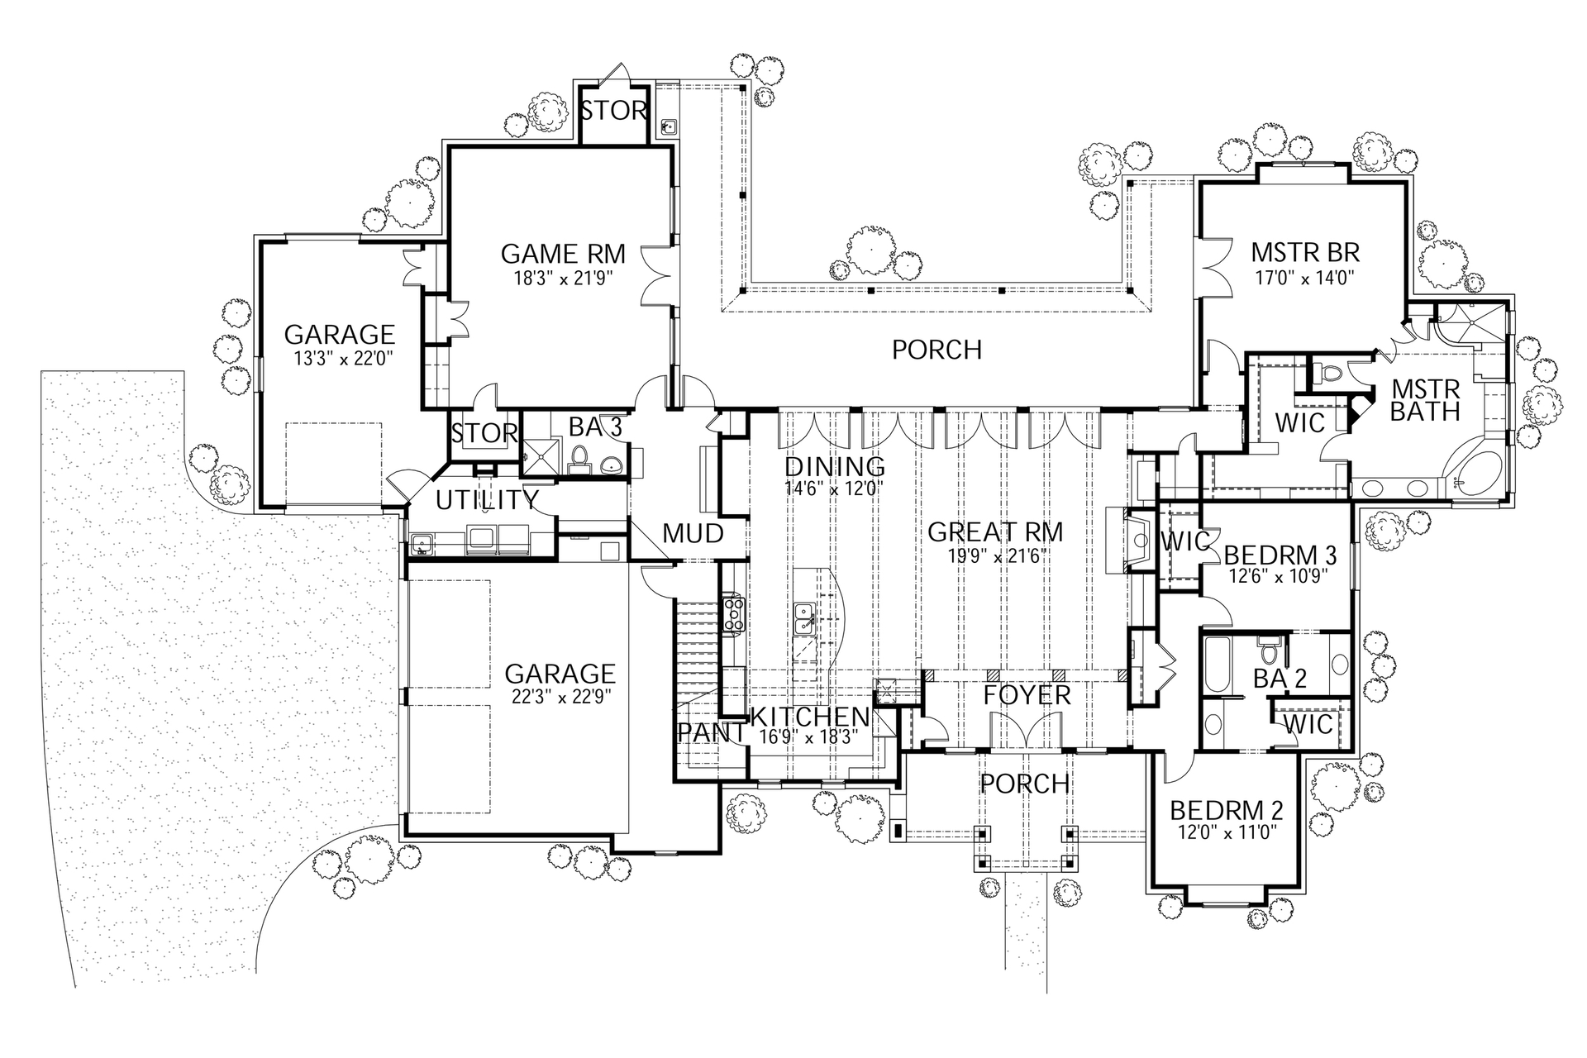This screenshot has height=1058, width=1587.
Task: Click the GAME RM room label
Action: coord(563,253)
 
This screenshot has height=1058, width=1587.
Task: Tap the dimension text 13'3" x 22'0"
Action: coord(339,359)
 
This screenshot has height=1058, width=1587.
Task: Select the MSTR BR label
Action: coord(1305,251)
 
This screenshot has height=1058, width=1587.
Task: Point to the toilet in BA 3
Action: coord(579,458)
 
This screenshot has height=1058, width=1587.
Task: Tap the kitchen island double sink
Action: coord(803,618)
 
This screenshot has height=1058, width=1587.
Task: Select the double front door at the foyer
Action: coord(1026,732)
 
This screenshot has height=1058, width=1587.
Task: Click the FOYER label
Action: coord(1027,695)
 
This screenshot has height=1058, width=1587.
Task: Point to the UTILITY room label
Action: coord(488,500)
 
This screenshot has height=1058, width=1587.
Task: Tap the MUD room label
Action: coord(693,533)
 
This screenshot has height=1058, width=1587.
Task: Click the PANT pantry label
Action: coord(711,732)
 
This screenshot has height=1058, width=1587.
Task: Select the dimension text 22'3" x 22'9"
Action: coord(560,696)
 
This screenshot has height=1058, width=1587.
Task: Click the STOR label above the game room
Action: coord(613,111)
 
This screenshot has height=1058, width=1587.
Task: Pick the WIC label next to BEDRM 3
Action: coord(1185,542)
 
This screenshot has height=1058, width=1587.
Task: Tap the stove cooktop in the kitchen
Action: coord(733,614)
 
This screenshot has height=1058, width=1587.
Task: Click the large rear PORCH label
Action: coord(936,350)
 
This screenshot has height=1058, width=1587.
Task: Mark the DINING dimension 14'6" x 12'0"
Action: coord(834,488)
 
